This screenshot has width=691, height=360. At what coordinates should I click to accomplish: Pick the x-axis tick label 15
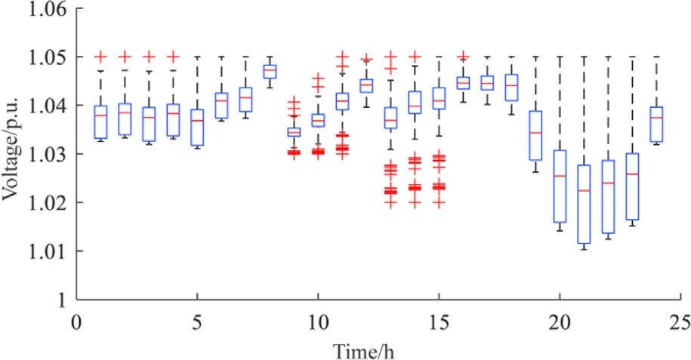[438, 321]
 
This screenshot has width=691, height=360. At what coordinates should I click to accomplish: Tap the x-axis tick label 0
[76, 321]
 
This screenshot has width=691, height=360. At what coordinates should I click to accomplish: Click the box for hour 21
[584, 204]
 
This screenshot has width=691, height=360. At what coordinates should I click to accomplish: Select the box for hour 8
[270, 72]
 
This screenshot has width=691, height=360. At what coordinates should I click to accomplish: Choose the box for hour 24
[656, 124]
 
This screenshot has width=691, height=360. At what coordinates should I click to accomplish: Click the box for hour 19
[535, 135]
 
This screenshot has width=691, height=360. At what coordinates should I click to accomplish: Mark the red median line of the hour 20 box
[560, 176]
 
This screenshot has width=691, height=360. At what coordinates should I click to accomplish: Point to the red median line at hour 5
[197, 121]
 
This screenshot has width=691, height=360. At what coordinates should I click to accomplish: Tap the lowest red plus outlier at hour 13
[390, 203]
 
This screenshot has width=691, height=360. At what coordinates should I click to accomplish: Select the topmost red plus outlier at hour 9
[294, 100]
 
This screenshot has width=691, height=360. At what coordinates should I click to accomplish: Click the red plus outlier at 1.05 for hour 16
[463, 56]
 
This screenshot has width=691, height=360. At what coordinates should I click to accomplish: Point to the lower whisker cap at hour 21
[584, 248]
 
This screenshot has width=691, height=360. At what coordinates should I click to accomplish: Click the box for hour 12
[366, 85]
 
